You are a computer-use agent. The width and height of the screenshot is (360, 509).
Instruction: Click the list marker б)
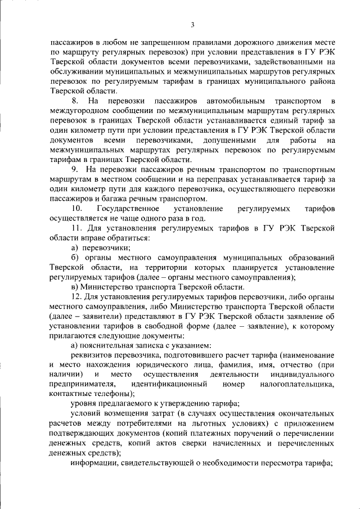[x=75, y=257]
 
